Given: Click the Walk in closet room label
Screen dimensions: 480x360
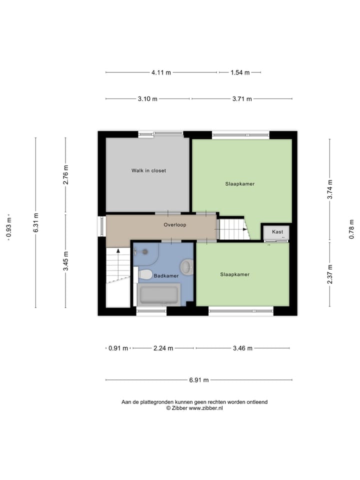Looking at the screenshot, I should click(x=148, y=170).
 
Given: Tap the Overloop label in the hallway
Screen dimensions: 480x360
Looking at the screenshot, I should click(x=174, y=225).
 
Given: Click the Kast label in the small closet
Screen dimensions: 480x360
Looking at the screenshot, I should click(x=277, y=232).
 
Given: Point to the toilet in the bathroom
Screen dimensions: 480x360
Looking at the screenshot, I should click(x=145, y=274).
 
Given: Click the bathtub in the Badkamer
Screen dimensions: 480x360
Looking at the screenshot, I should click(x=158, y=294).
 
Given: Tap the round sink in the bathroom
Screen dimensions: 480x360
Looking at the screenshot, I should click(x=187, y=266).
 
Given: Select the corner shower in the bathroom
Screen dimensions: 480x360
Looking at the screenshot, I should click(x=145, y=254).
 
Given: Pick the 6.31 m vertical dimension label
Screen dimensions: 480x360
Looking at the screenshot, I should click(x=35, y=222).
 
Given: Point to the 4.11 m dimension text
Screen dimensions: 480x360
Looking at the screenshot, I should click(x=161, y=72).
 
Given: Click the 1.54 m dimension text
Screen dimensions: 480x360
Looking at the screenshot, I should click(x=240, y=72).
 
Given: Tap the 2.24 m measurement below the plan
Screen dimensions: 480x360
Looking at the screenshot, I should click(x=163, y=348).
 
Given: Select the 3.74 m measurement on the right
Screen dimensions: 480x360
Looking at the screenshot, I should click(x=329, y=190).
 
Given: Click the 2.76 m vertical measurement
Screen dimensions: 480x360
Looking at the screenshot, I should click(x=65, y=174).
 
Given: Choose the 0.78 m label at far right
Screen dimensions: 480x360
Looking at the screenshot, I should click(x=351, y=229).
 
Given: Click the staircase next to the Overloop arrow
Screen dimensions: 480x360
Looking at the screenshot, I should click(x=233, y=229).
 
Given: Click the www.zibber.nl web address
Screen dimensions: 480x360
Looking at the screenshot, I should click(x=205, y=408).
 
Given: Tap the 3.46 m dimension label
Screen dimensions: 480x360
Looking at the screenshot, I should click(x=242, y=348).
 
